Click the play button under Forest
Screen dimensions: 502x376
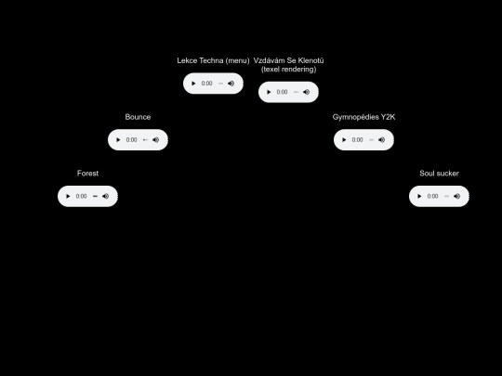tap(68, 196)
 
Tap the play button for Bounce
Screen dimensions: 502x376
tap(118, 139)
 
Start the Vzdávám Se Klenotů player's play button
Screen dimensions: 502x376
tap(269, 92)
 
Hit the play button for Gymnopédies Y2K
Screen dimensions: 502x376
tap(344, 139)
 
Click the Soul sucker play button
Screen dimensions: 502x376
tap(419, 196)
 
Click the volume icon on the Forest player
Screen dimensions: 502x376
tap(105, 196)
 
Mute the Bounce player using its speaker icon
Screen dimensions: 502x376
tap(155, 139)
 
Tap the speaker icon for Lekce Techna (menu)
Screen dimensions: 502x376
tap(231, 84)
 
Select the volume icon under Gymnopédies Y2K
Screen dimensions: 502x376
tap(381, 139)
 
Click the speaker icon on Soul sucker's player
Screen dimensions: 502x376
tap(456, 196)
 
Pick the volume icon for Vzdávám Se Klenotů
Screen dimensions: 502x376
tap(306, 92)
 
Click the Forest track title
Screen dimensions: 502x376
tap(87, 174)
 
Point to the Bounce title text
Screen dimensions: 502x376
tap(138, 117)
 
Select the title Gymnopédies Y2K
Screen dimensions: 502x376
tap(363, 117)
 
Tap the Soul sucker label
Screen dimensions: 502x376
tap(439, 174)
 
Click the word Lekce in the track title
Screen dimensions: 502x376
tap(187, 60)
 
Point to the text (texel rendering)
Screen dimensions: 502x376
tap(289, 70)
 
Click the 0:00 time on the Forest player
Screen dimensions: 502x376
tap(81, 196)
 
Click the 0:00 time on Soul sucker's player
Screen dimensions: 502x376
tap(432, 196)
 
